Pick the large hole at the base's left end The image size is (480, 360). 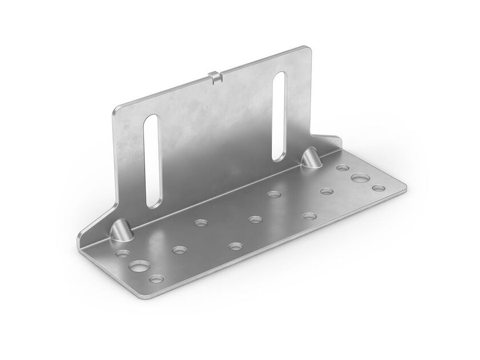(137, 267)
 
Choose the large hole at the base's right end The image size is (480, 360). (360, 178)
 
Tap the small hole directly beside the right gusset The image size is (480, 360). (342, 169)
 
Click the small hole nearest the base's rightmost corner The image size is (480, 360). (377, 188)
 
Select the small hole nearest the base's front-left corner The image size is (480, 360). (157, 279)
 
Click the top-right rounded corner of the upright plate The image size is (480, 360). (309, 51)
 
